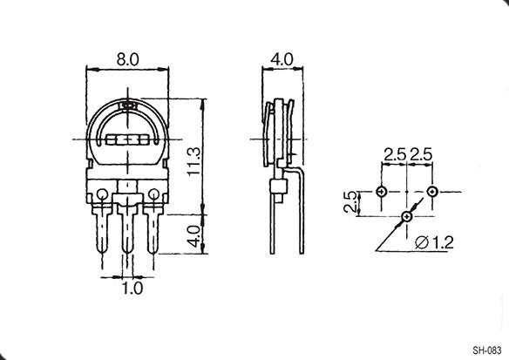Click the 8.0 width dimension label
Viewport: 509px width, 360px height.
(127, 59)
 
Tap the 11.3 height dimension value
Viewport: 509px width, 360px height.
(194, 161)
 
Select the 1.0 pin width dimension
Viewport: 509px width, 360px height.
(132, 289)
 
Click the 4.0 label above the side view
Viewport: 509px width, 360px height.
(282, 59)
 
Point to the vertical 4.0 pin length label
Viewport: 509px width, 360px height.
(194, 236)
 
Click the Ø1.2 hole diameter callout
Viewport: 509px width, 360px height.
(434, 242)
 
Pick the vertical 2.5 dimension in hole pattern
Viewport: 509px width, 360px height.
(350, 202)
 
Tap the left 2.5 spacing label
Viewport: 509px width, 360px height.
(395, 154)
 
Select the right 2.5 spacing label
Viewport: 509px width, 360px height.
(421, 154)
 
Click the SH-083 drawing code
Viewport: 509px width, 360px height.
(487, 350)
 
